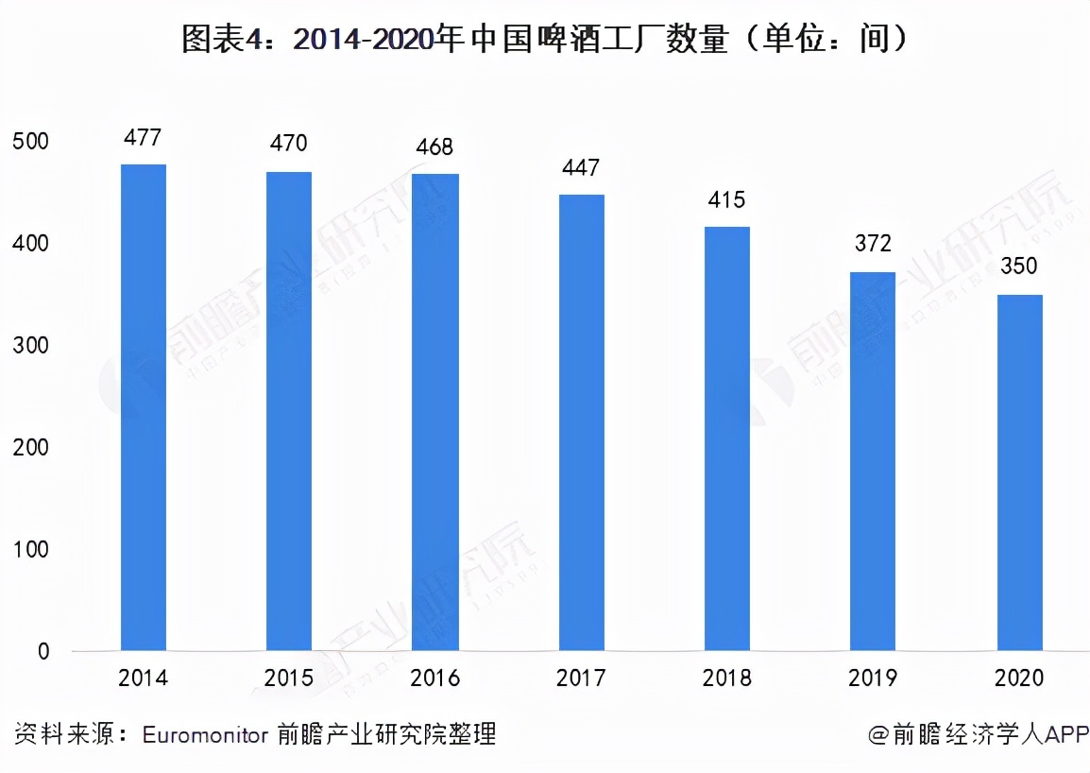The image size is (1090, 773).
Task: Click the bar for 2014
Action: click(x=144, y=407)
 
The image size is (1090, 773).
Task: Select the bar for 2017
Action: click(x=581, y=422)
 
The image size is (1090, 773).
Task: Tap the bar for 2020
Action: click(x=1019, y=472)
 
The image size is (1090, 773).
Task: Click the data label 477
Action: click(x=144, y=138)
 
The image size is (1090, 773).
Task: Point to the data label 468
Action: click(x=434, y=146)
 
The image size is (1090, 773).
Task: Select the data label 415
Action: click(x=726, y=199)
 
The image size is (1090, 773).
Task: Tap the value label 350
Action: click(x=1019, y=266)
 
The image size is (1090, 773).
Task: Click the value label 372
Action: click(x=873, y=243)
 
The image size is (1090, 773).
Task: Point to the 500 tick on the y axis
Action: click(x=30, y=142)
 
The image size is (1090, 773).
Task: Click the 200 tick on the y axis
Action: click(x=30, y=448)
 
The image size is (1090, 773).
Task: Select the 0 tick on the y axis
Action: click(x=43, y=651)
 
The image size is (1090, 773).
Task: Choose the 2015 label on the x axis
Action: click(x=289, y=679)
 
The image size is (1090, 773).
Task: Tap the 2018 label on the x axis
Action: click(x=726, y=679)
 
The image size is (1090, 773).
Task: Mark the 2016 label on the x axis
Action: click(x=434, y=679)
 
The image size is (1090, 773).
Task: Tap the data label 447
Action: click(x=581, y=168)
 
